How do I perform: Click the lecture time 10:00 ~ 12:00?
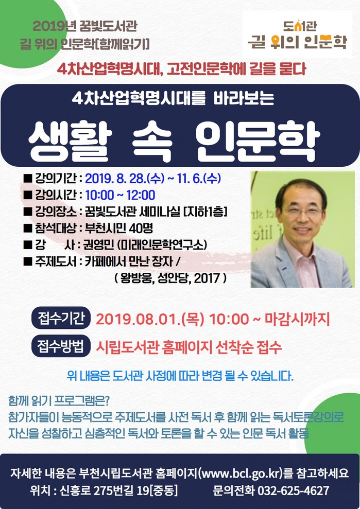(x=120, y=195)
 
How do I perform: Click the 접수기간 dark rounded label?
(x=61, y=318)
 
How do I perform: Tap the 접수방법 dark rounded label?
(x=61, y=346)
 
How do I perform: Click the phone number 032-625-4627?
(x=294, y=490)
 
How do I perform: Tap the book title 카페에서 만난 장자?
(x=129, y=261)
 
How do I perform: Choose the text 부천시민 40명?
(x=119, y=228)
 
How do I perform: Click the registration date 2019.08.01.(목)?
(x=150, y=319)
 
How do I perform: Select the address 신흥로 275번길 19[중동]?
(x=118, y=490)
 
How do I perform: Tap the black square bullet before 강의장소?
(x=28, y=212)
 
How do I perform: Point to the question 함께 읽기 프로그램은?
(x=59, y=401)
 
